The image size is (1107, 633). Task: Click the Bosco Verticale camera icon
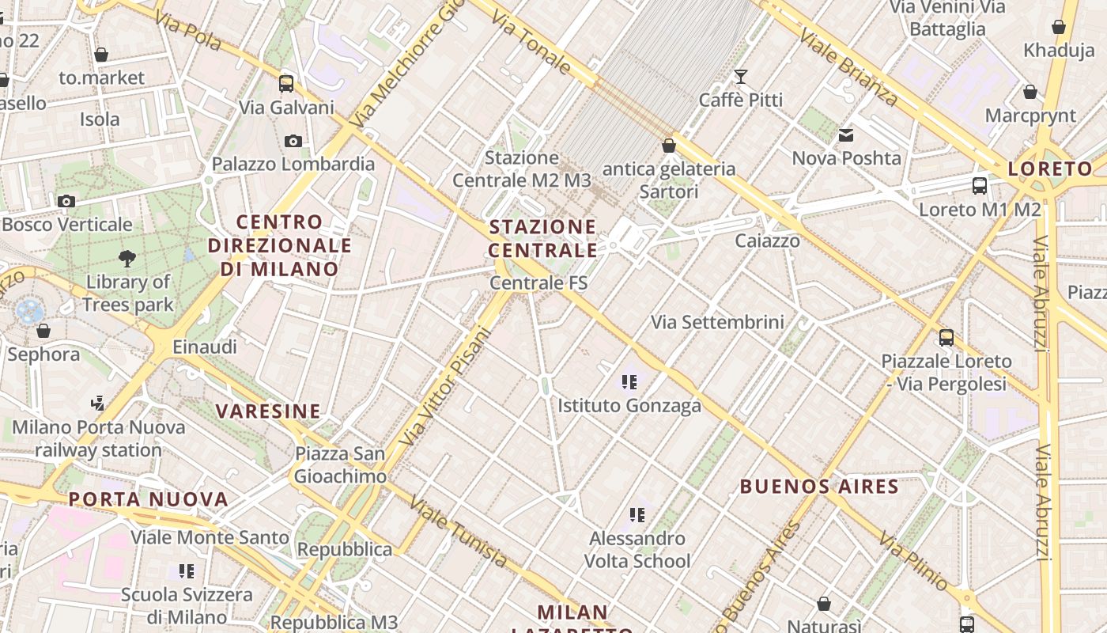[x=66, y=201]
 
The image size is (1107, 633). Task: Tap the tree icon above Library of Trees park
[x=127, y=258]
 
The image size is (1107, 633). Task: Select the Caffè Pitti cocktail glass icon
[x=741, y=77]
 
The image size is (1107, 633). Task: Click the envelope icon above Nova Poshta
[x=847, y=135]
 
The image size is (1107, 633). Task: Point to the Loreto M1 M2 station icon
[x=980, y=186]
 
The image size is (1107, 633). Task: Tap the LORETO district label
[x=1050, y=169]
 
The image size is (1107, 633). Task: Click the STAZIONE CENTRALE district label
[x=543, y=238]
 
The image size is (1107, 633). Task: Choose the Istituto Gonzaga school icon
[x=629, y=383]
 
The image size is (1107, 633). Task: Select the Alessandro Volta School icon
[x=637, y=515]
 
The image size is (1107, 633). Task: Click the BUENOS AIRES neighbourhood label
[x=819, y=486]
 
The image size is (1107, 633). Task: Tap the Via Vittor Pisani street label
[x=445, y=385]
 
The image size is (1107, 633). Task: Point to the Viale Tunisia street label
[x=459, y=532]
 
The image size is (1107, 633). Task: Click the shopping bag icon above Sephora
[x=43, y=331]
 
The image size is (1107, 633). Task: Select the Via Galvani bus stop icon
[x=286, y=83]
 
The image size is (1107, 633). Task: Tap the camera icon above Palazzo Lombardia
[x=293, y=141]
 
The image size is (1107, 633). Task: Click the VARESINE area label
[x=269, y=411]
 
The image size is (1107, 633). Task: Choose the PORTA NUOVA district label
[x=149, y=499]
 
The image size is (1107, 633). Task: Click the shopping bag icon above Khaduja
[x=1059, y=27]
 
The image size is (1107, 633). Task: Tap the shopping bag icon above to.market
[x=101, y=55]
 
